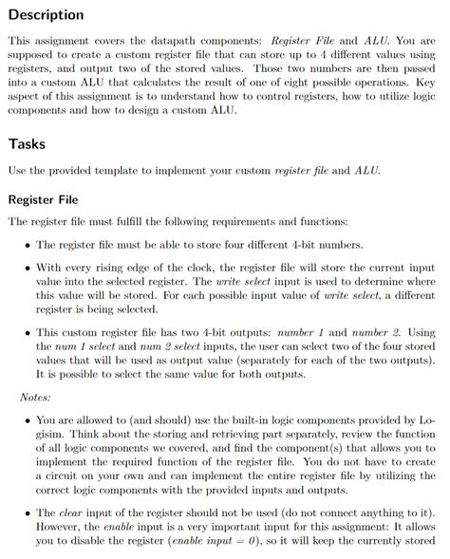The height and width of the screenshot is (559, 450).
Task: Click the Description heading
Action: coord(46,14)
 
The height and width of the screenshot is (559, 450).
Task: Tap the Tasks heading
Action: coord(27,144)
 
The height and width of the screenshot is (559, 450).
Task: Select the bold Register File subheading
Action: coord(48,200)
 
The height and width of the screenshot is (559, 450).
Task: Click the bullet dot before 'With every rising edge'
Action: coord(26,268)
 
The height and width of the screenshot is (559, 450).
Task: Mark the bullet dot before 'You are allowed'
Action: coord(26,419)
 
